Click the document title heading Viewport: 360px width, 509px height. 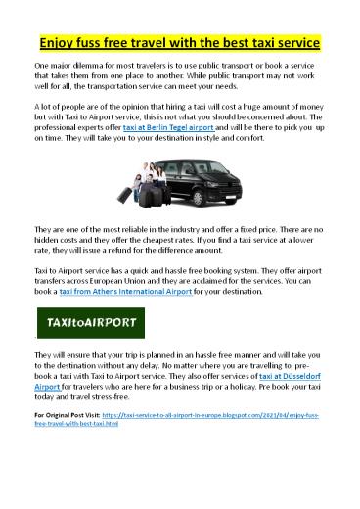click(180, 44)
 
